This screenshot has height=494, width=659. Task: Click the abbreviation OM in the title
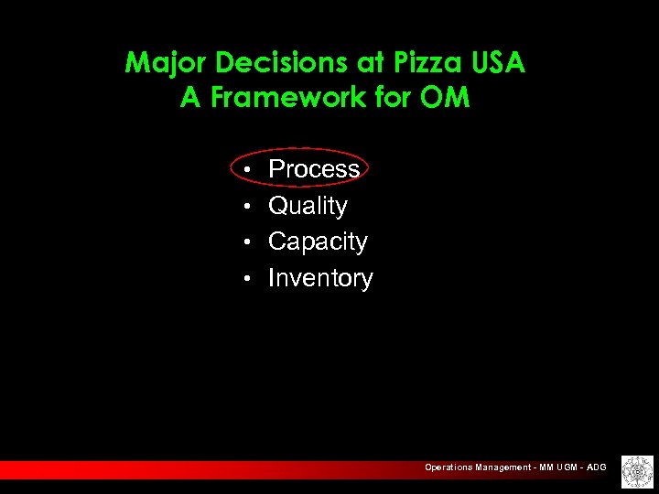click(445, 98)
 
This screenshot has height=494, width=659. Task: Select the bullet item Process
click(314, 169)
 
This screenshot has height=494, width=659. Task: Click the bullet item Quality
click(308, 206)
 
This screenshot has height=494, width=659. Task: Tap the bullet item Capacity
click(318, 242)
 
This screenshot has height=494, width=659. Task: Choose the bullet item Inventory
click(320, 278)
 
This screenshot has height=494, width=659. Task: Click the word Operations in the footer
click(448, 467)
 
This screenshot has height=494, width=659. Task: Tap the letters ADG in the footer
click(596, 467)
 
